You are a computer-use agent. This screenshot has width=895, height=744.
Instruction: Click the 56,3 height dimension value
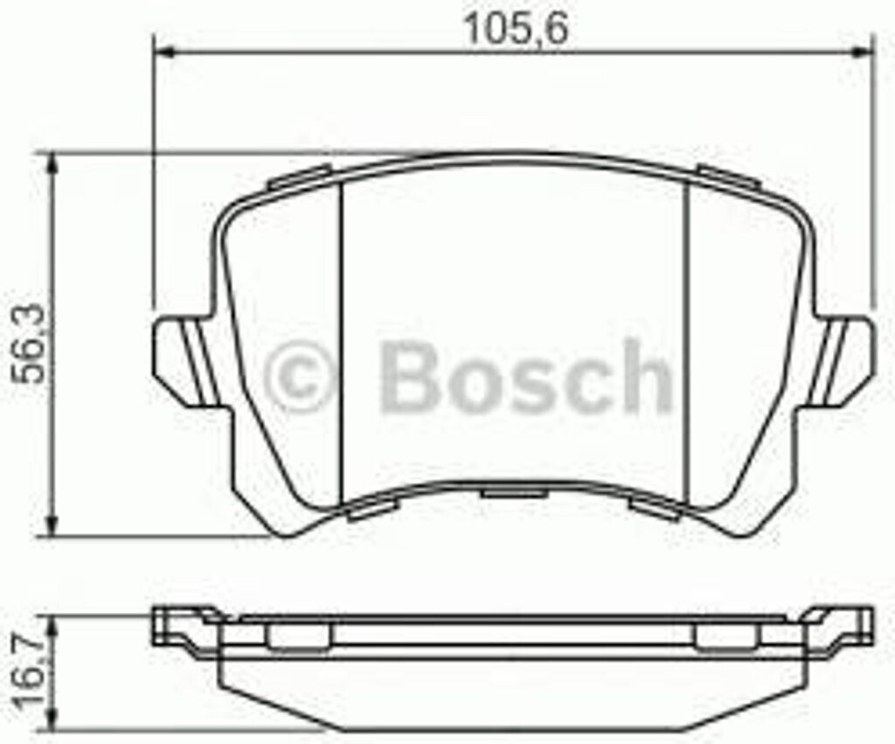pyautogui.click(x=28, y=344)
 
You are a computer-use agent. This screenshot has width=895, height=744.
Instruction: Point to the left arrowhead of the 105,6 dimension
pyautogui.click(x=163, y=52)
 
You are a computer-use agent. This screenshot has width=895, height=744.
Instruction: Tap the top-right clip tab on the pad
pyautogui.click(x=727, y=176)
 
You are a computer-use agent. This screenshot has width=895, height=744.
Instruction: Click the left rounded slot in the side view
pyautogui.click(x=298, y=636)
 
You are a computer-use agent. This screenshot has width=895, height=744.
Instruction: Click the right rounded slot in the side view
pyautogui.click(x=727, y=636)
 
